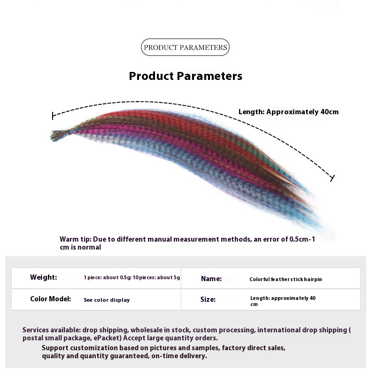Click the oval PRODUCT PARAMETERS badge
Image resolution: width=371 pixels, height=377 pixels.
(185, 47)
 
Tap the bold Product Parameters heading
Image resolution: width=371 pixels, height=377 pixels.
(185, 76)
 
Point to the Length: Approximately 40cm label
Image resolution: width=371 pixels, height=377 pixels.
(288, 112)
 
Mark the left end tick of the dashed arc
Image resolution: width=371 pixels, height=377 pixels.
(53, 116)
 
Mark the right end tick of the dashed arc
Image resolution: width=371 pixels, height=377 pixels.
(332, 178)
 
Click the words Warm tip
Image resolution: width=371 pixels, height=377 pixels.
(76, 239)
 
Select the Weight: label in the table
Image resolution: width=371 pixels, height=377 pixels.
(44, 277)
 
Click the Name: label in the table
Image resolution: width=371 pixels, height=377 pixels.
(211, 279)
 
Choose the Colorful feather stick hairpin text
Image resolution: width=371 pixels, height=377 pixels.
(286, 279)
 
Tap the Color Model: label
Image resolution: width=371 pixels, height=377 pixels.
(50, 299)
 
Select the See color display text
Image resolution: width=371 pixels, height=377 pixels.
(107, 300)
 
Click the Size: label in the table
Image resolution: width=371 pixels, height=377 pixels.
(208, 299)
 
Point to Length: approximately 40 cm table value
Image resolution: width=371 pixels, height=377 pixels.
(283, 301)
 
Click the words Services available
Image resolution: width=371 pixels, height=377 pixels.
(51, 330)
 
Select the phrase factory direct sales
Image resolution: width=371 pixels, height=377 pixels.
(254, 348)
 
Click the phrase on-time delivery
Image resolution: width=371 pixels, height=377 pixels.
(179, 356)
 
